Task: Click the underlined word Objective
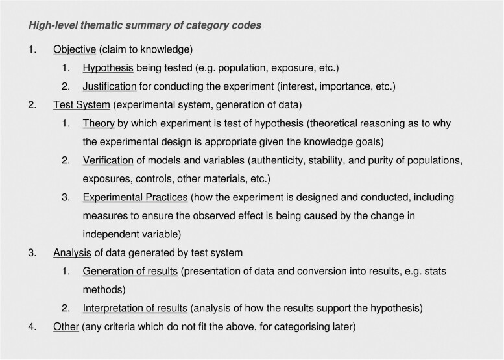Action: (x=75, y=50)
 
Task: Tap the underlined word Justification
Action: (x=110, y=86)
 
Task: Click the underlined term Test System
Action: (x=82, y=104)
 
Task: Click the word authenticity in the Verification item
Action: (x=298, y=159)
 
